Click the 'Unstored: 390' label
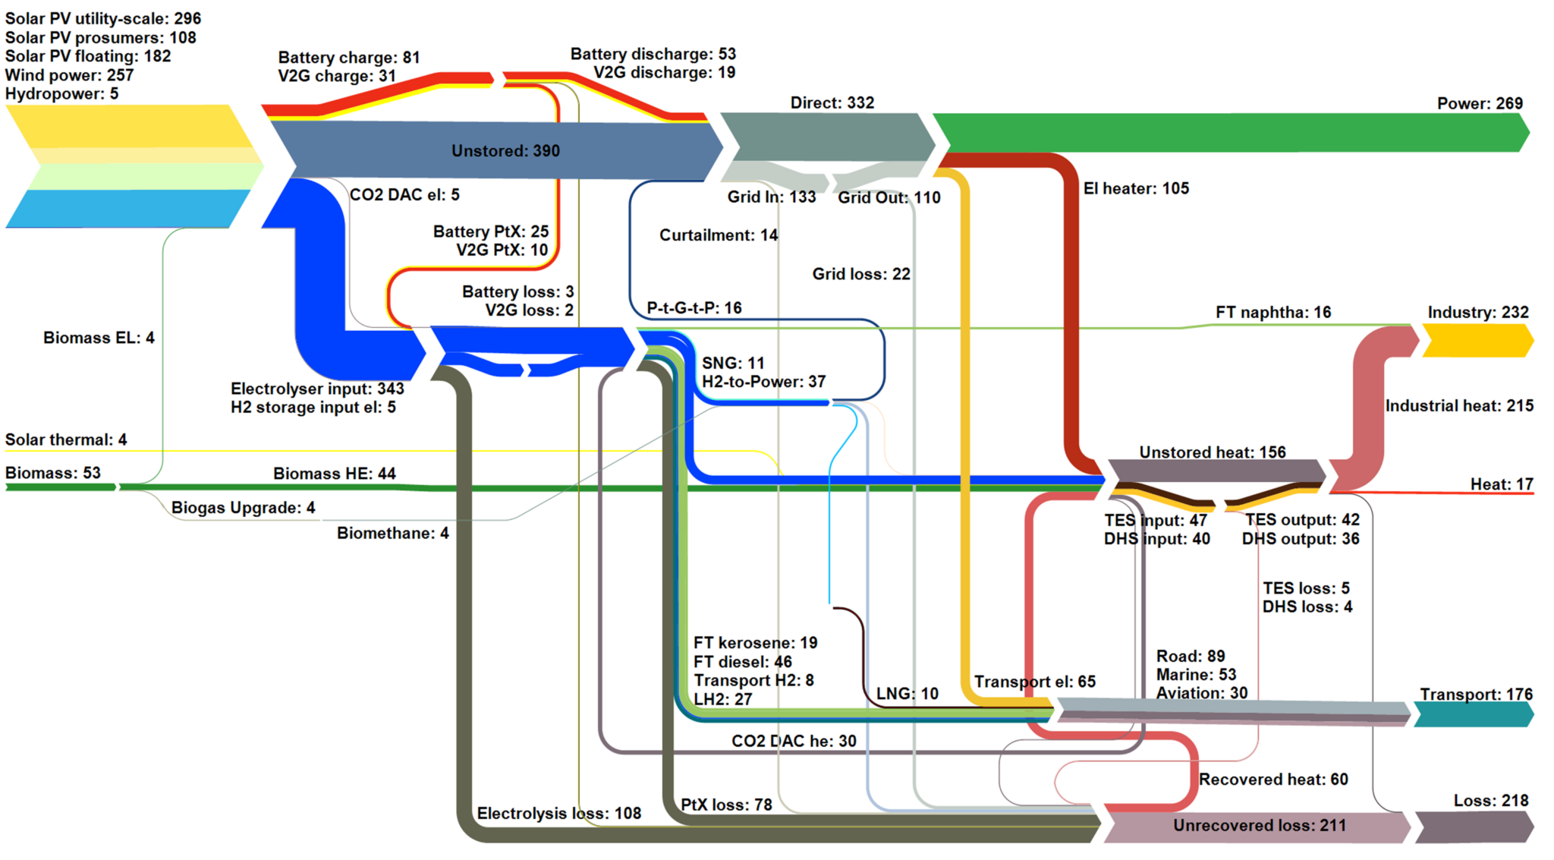(505, 151)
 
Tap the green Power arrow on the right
(1229, 134)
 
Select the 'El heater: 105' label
(1135, 188)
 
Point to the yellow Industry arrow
(1477, 340)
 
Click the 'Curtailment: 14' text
(718, 235)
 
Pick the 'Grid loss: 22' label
(860, 274)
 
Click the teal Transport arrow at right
(1472, 714)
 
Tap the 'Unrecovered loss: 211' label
(1259, 826)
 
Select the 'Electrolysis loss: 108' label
(558, 814)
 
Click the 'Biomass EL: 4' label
(99, 338)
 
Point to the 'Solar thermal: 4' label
(66, 439)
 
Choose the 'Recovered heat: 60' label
(1272, 780)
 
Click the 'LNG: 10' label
(907, 694)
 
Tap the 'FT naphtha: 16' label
(1272, 312)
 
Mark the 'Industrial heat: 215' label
(1458, 406)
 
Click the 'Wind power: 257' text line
(69, 75)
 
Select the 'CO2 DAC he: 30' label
(793, 741)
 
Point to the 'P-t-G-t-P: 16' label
(694, 308)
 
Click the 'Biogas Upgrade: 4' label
(243, 508)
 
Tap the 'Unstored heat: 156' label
(1212, 452)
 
